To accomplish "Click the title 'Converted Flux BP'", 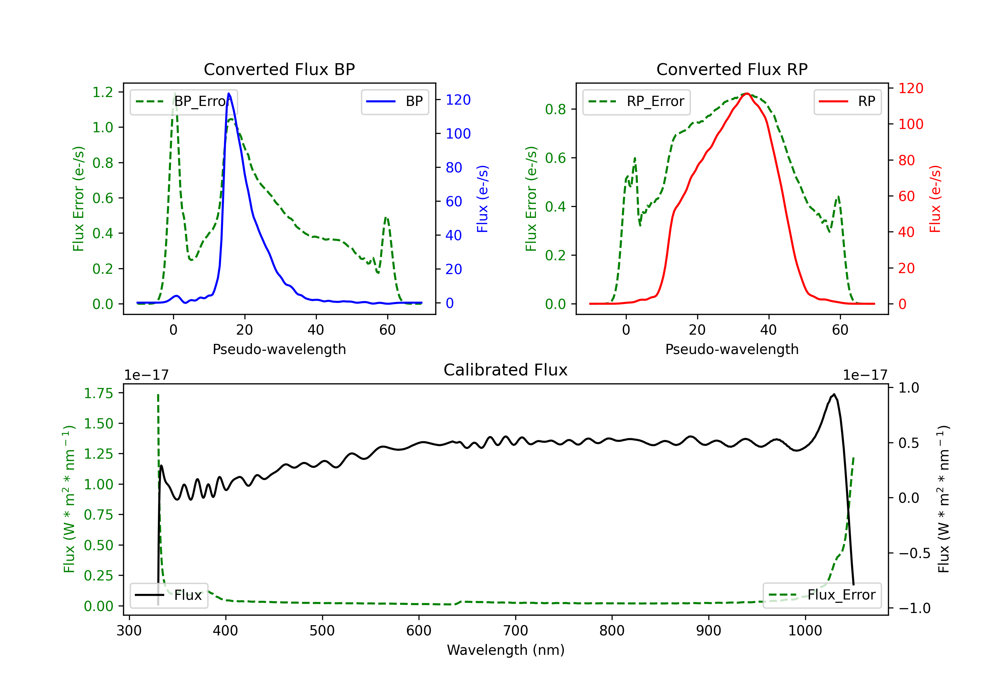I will click(279, 69).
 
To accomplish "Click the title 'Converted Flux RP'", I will click(732, 69).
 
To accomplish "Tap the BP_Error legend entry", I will click(184, 101).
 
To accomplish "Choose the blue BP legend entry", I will click(394, 101).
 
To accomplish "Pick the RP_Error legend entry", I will click(636, 101).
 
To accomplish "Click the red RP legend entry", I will click(847, 101).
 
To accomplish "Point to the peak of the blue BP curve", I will click(229, 93).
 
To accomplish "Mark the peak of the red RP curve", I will click(747, 93).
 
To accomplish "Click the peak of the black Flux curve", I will click(834, 394).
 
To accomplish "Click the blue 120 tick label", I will click(458, 100).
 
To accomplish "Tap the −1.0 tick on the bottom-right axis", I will click(914, 608).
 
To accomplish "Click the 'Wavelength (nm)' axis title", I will click(506, 650).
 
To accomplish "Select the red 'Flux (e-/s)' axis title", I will click(935, 199).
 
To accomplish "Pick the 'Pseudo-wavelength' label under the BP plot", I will click(279, 349).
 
